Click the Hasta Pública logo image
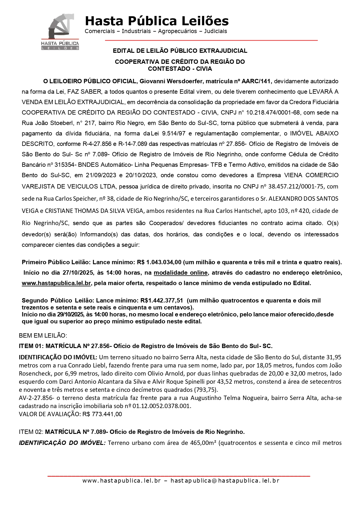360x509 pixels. point(60,32)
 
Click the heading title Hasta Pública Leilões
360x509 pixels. point(157,21)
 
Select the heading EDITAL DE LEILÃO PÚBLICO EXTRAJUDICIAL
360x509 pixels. point(180,51)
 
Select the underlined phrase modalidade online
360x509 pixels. point(180,273)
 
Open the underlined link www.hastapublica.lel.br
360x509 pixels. point(56,283)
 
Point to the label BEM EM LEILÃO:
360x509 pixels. point(43,336)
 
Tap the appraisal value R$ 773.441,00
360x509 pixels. point(102,414)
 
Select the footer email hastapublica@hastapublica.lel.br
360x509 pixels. point(225,481)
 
